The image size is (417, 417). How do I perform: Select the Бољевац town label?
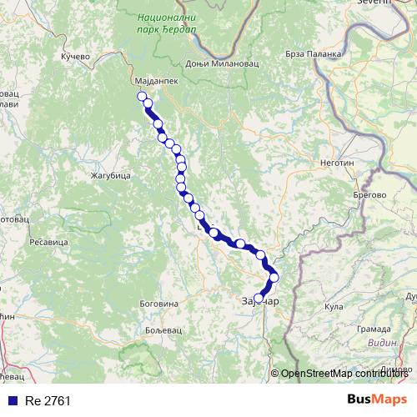[x=153, y=329]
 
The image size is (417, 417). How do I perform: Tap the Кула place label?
[x=334, y=306]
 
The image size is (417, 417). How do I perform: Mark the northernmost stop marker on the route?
[x=142, y=96]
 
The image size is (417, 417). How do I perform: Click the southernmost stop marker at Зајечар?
[x=259, y=298]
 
